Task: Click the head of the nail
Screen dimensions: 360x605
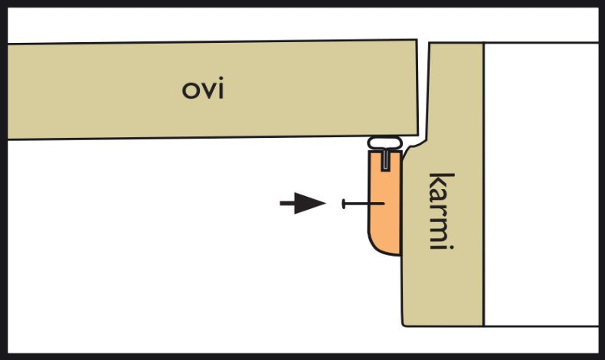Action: (345, 204)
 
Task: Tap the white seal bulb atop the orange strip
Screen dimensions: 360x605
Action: (387, 142)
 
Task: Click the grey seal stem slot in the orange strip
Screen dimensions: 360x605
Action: (386, 159)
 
